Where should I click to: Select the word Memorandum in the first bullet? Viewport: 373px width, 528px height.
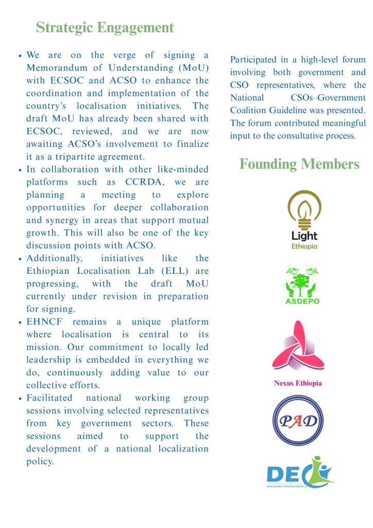(x=57, y=68)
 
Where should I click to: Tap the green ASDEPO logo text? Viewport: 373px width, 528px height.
(x=302, y=301)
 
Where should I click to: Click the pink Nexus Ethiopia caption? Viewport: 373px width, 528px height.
(x=298, y=383)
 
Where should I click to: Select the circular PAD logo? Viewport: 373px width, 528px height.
(x=298, y=420)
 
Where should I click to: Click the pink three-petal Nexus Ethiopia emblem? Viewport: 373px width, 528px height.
(x=298, y=346)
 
